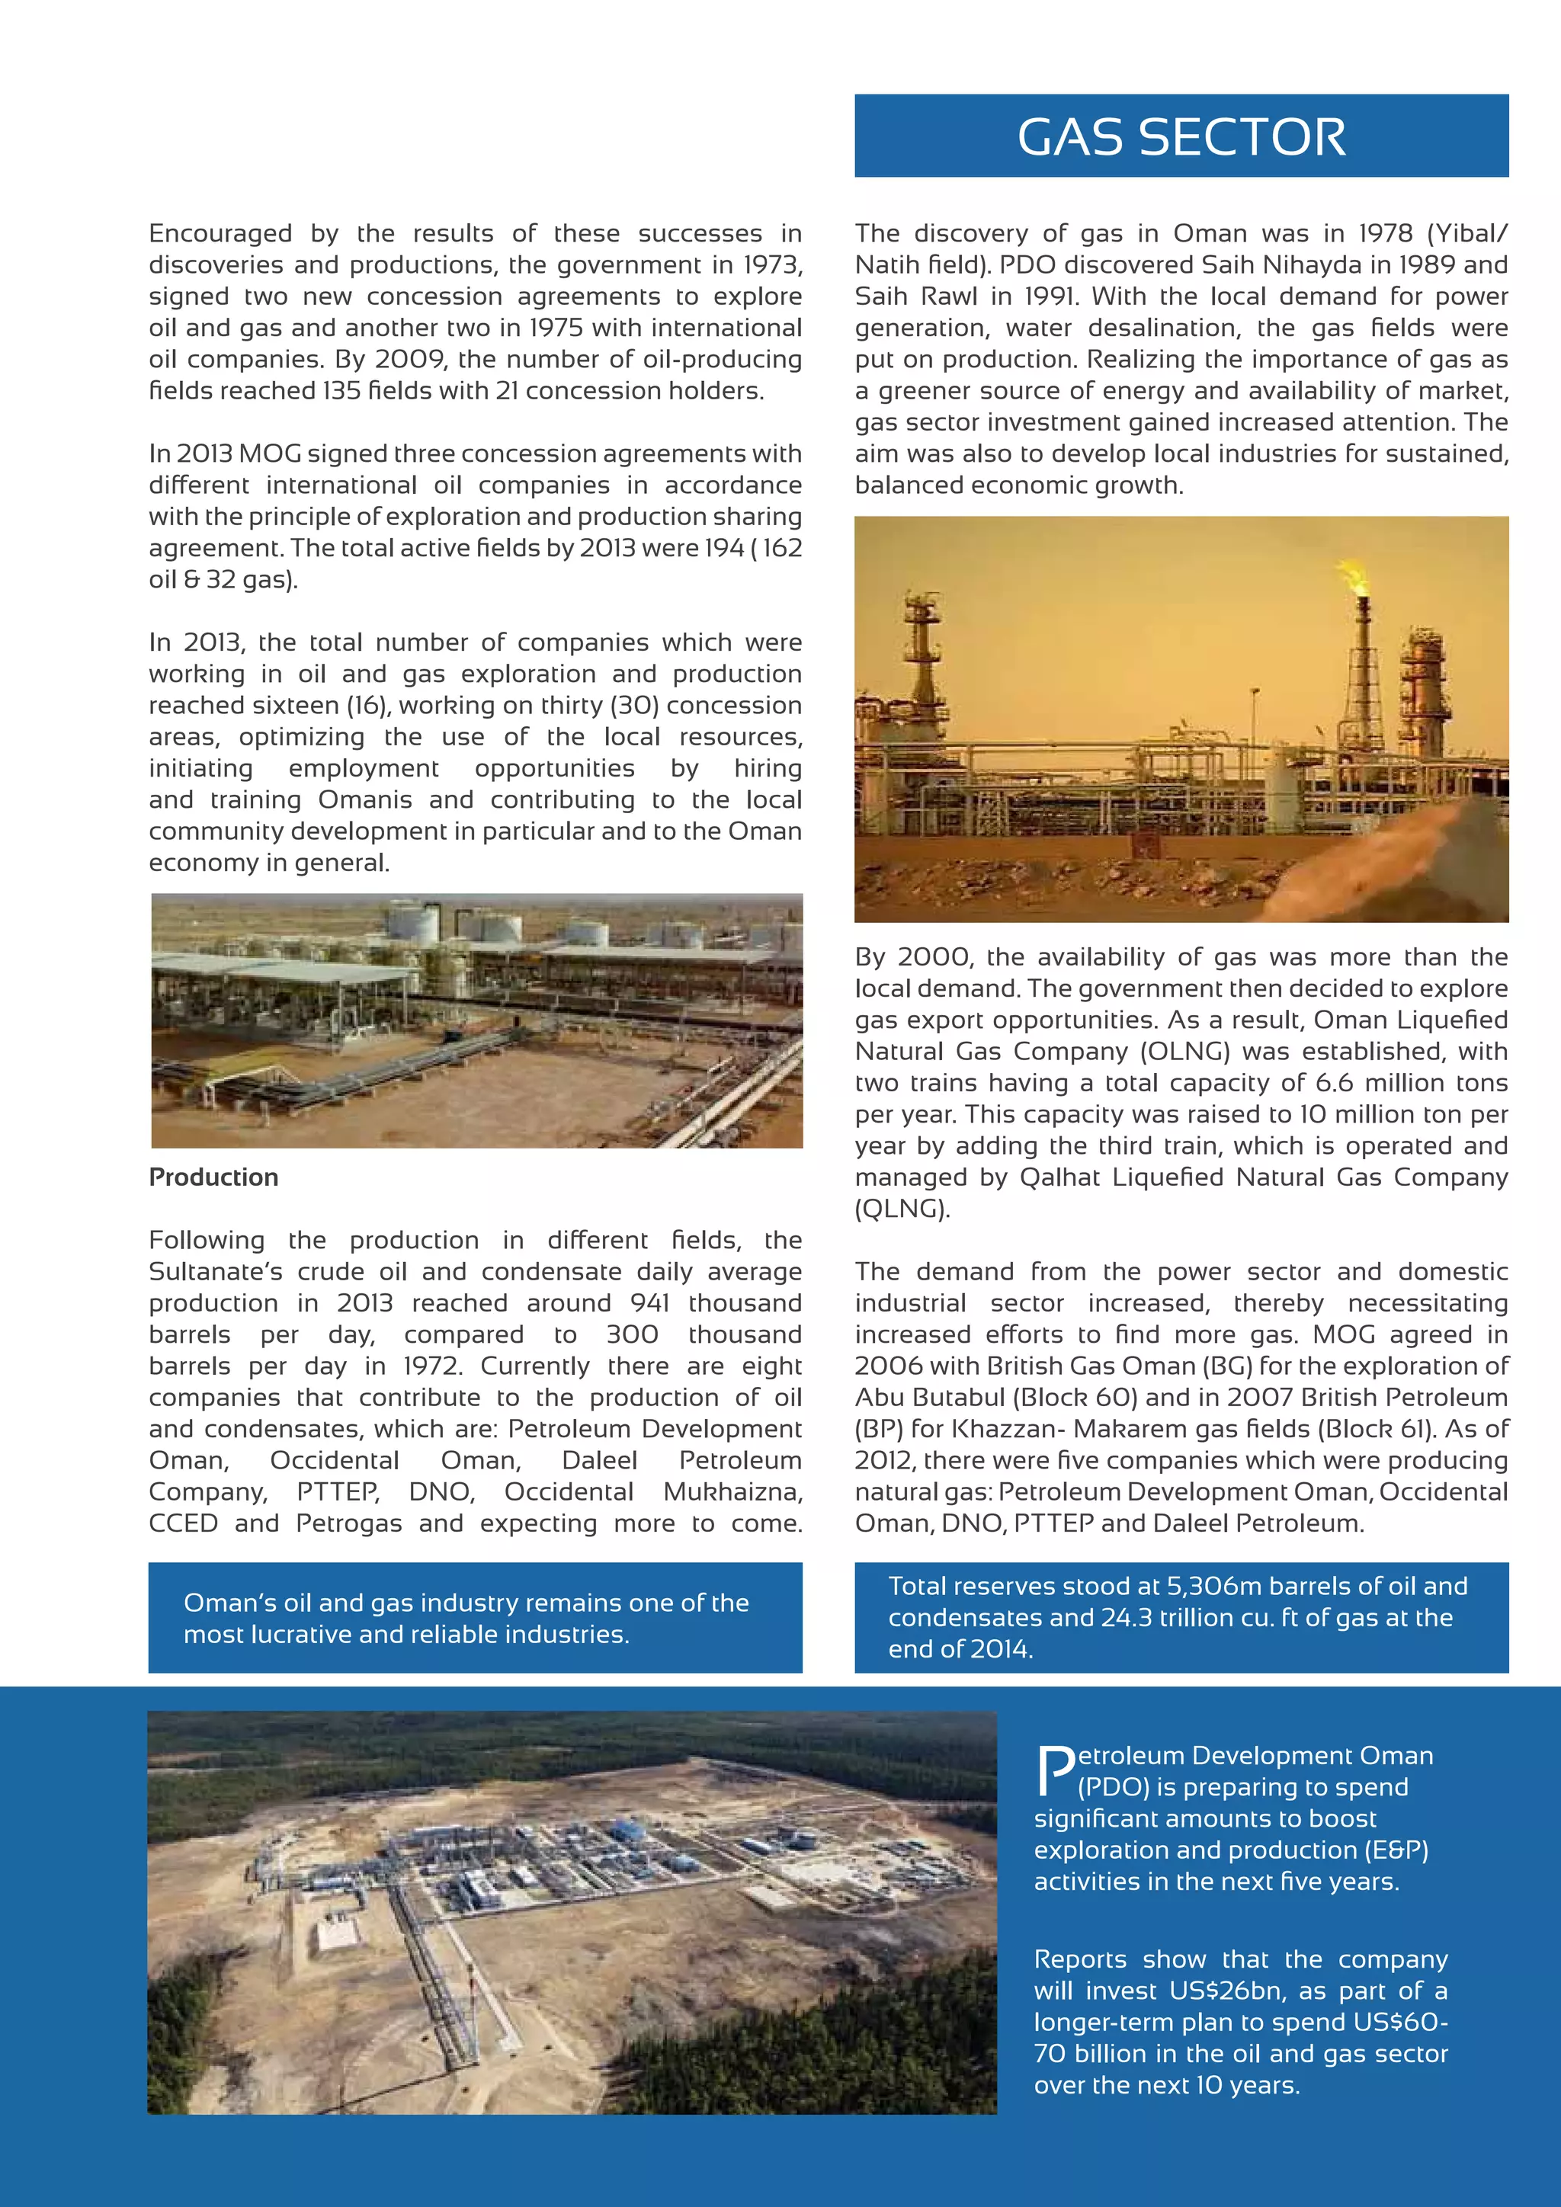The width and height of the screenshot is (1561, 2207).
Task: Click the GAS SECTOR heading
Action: (x=1181, y=137)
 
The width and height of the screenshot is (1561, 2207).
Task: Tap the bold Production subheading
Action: (x=213, y=1177)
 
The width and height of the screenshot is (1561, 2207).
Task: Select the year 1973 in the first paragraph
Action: (x=774, y=265)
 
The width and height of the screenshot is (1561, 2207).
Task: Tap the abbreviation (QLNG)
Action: (x=902, y=1209)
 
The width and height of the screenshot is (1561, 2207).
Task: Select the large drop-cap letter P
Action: (x=1056, y=1772)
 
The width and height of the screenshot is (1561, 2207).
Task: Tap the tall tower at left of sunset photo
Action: (x=924, y=654)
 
